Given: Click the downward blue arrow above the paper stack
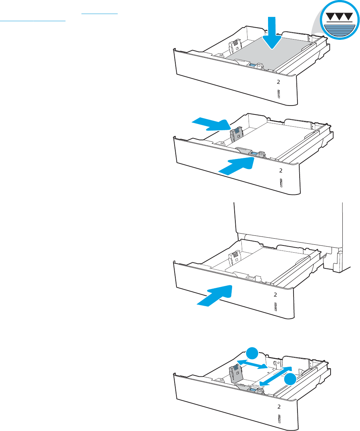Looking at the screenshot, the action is [272, 33].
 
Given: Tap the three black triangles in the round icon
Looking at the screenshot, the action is [339, 17].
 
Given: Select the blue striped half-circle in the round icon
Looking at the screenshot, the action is [339, 31].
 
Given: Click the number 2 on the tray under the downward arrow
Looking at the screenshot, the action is [278, 82].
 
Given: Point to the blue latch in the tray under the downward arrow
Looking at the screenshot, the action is [253, 65].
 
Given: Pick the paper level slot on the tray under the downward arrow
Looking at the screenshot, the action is [278, 94].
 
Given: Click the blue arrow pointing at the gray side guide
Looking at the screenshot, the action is [211, 124].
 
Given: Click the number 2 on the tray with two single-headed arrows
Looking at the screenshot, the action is [281, 170].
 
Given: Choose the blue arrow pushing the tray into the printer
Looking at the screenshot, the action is [214, 296].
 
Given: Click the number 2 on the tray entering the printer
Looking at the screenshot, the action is [275, 295].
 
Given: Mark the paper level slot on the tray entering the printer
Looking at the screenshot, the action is [275, 307].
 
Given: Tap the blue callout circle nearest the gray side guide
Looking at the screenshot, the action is [252, 353].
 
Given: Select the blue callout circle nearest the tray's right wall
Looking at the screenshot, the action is [290, 379].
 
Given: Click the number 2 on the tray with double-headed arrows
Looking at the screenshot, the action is [279, 407].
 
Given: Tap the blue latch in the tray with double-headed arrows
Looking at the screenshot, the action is [253, 389].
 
